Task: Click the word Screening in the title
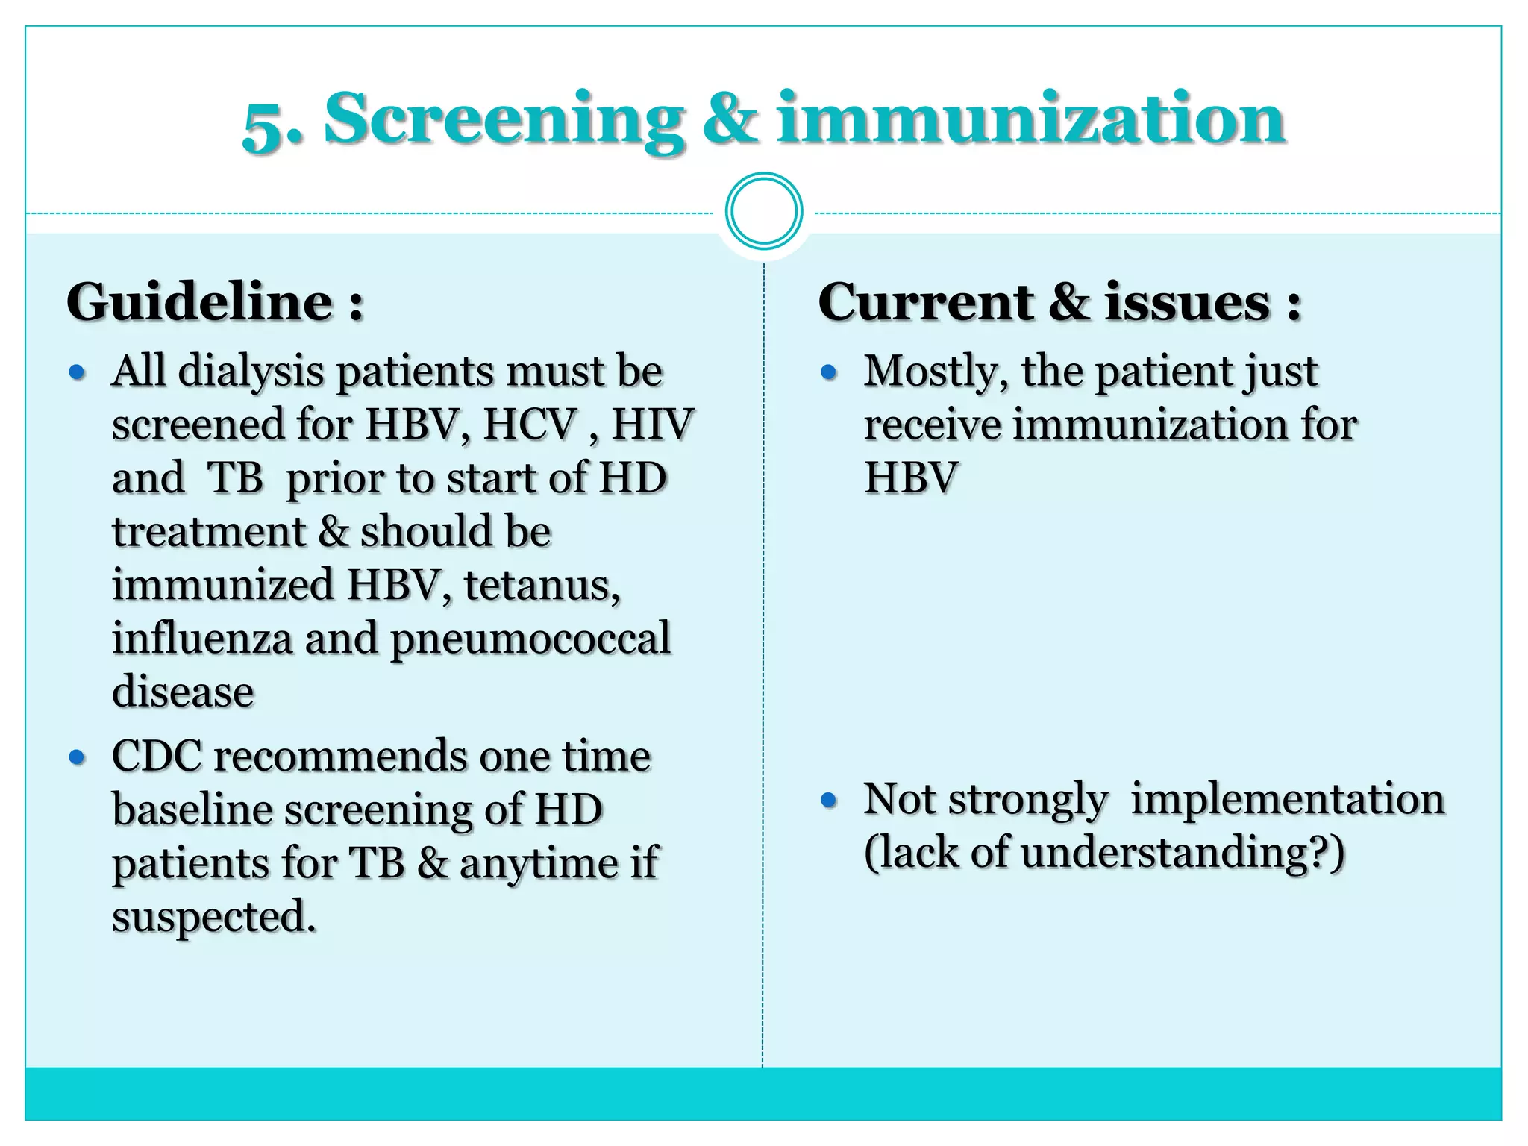504,119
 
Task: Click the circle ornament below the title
763,211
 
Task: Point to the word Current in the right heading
926,303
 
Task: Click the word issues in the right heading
1187,303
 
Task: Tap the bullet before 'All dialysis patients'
78,372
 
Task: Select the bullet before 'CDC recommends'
78,757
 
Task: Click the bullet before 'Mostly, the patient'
829,372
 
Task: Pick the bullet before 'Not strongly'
829,801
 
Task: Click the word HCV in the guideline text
530,425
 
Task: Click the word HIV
653,425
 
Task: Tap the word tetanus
542,585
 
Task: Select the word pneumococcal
530,639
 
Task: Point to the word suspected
213,918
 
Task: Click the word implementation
1288,799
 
